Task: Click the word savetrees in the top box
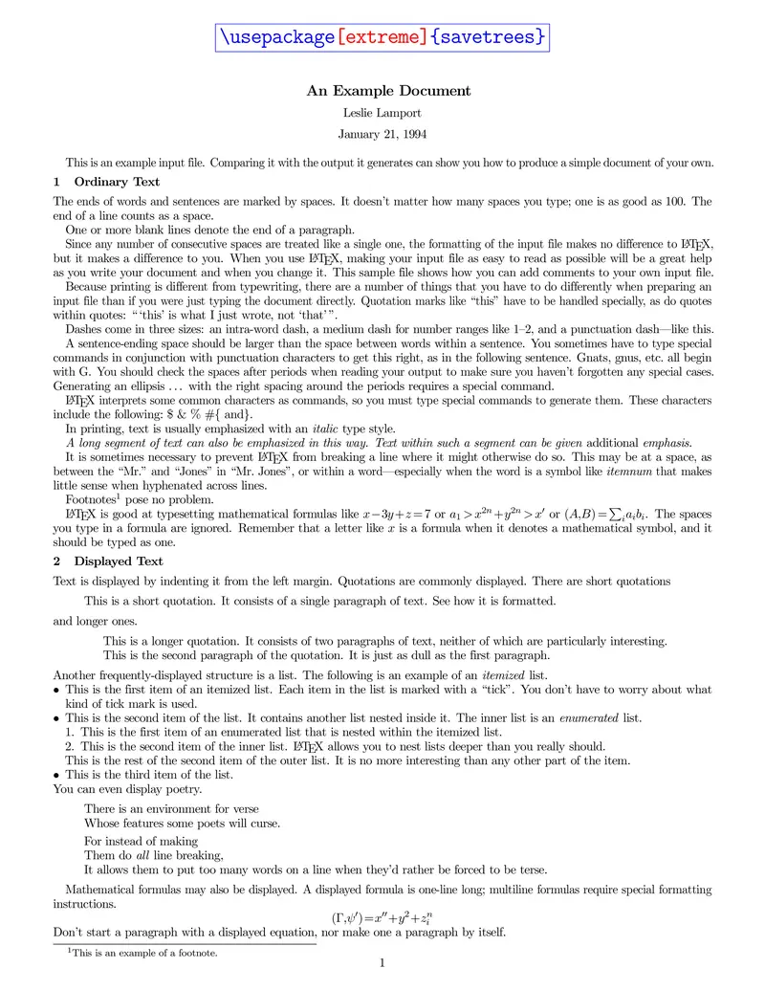tap(490, 37)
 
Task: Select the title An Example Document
tap(388, 91)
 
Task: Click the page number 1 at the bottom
tap(382, 963)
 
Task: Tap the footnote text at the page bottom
tap(143, 953)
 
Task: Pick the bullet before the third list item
tap(57, 775)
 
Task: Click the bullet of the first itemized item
tap(57, 690)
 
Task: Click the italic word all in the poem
tap(141, 856)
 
